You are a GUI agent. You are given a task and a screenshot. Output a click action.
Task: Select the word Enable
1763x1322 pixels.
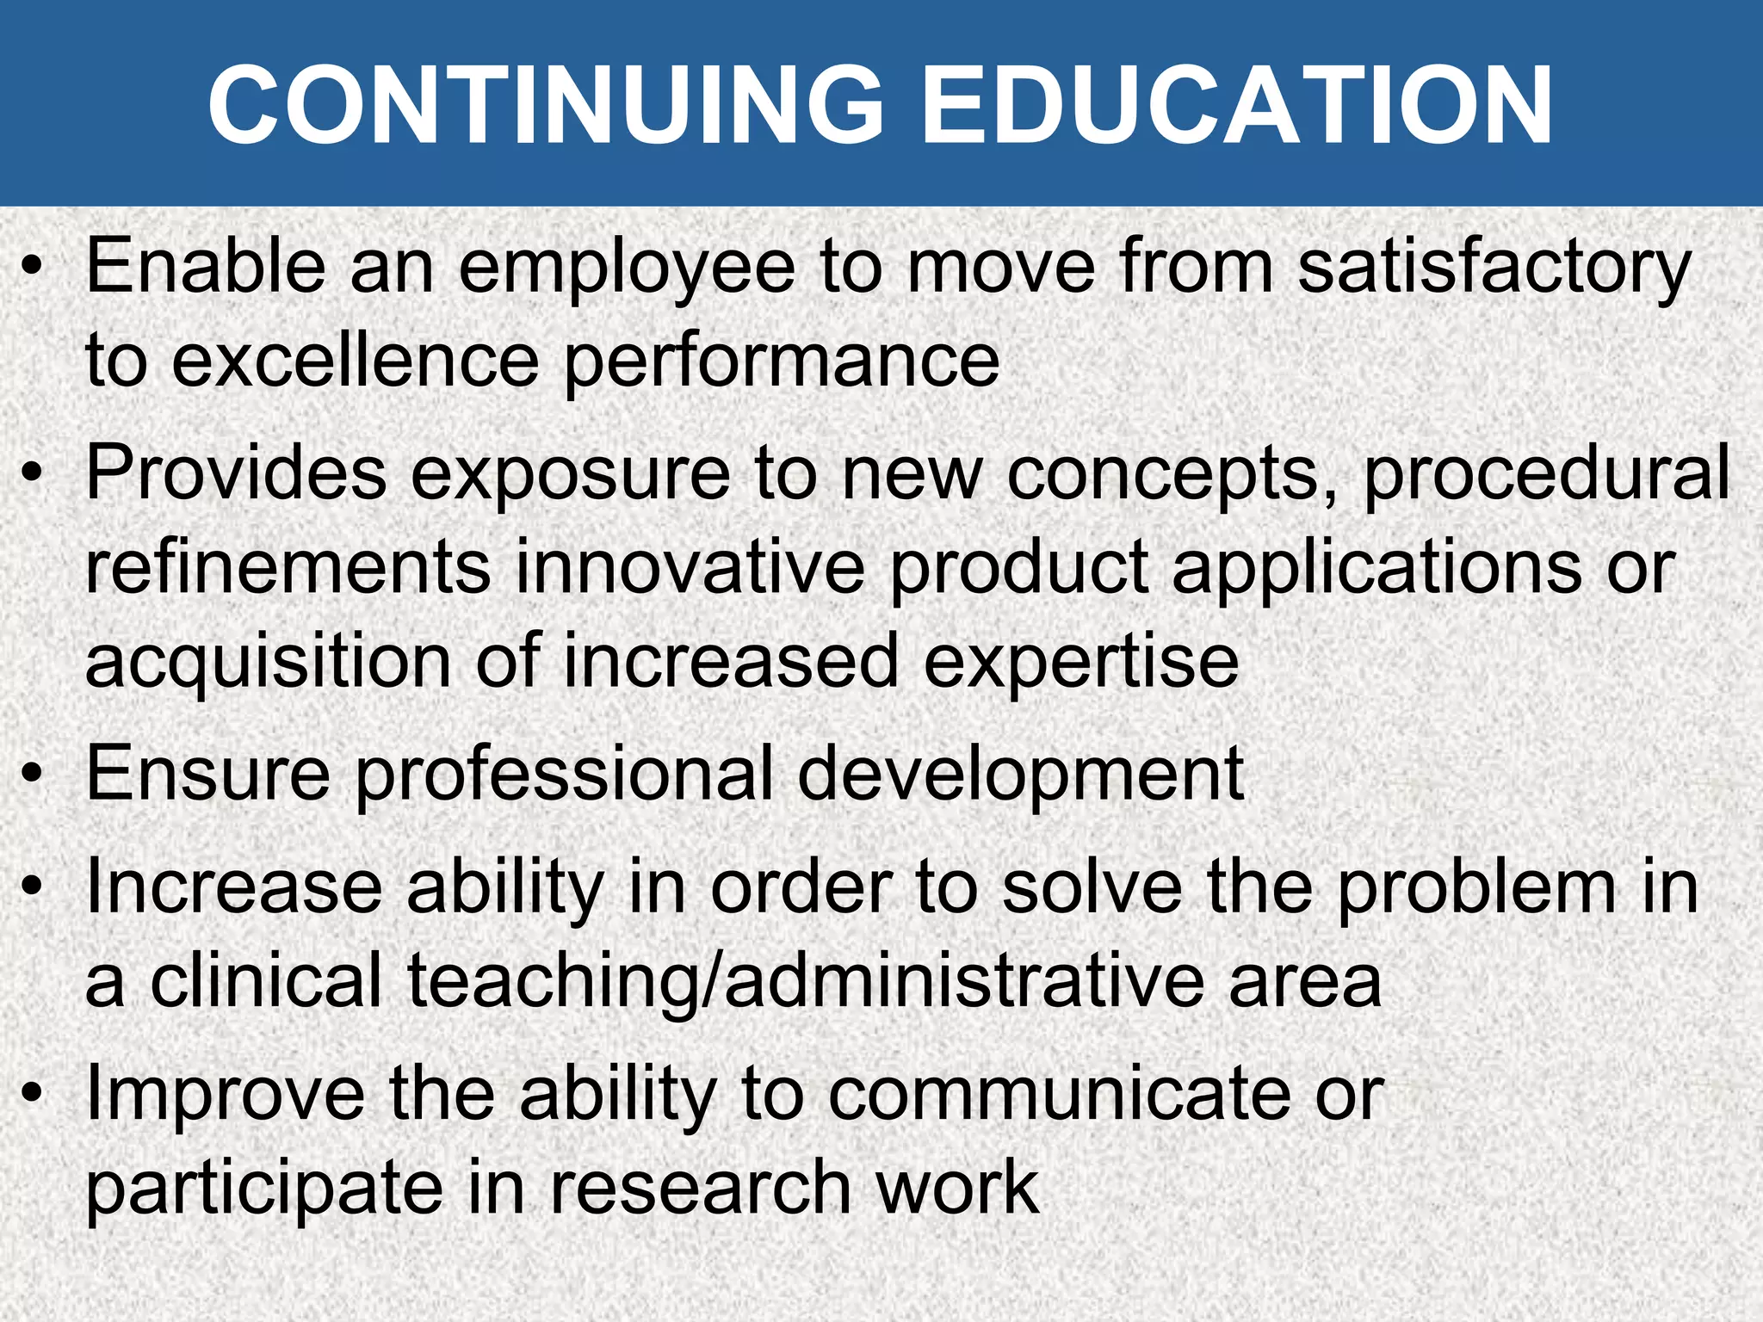point(206,267)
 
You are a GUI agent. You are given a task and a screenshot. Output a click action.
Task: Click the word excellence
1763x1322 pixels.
point(355,361)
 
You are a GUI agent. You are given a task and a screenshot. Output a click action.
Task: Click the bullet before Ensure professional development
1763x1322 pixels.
point(33,775)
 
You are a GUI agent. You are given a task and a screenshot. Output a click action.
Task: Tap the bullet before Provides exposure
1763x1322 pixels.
point(33,473)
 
